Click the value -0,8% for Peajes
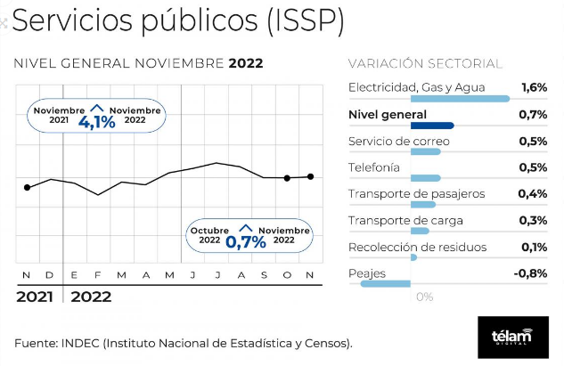pos(530,273)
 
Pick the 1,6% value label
pos(533,87)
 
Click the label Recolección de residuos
pos(417,247)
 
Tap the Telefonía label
pos(374,167)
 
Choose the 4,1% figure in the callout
pos(97,122)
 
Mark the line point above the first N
pos(27,187)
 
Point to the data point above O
pos(287,178)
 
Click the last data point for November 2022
pos(311,176)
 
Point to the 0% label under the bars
pos(424,297)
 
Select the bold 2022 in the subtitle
pos(246,63)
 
